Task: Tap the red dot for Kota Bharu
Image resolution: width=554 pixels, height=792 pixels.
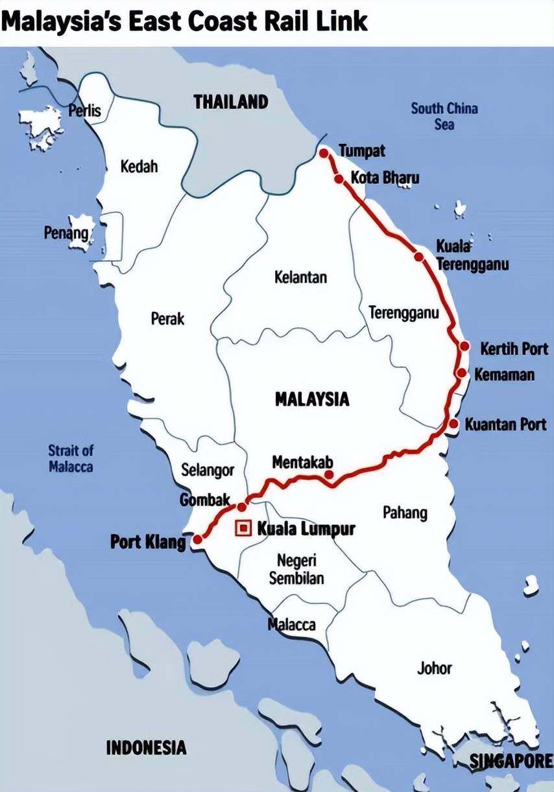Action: tap(339, 178)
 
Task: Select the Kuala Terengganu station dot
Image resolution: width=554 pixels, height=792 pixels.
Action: tap(419, 257)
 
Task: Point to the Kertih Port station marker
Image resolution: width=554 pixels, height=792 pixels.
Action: tap(464, 346)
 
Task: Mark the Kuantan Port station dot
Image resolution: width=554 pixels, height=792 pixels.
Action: tap(454, 424)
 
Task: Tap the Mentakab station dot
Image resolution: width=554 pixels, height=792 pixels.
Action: tap(329, 474)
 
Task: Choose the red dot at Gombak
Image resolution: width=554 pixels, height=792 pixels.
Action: tap(242, 507)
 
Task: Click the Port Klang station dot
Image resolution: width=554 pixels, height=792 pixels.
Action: tap(198, 539)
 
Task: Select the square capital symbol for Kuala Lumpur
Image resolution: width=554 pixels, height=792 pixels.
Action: tap(243, 529)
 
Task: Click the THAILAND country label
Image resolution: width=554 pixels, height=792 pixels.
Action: tap(230, 102)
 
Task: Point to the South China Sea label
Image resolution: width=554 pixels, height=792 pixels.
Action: tap(444, 115)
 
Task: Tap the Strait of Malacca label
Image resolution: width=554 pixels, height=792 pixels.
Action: tap(71, 458)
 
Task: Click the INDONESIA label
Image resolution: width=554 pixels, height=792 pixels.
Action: tap(146, 747)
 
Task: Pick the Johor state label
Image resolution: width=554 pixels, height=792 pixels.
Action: tap(435, 668)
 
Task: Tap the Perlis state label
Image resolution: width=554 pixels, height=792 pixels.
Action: tap(85, 110)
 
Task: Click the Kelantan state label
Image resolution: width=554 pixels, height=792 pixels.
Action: tap(300, 277)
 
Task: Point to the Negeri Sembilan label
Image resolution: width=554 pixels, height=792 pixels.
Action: tap(296, 569)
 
